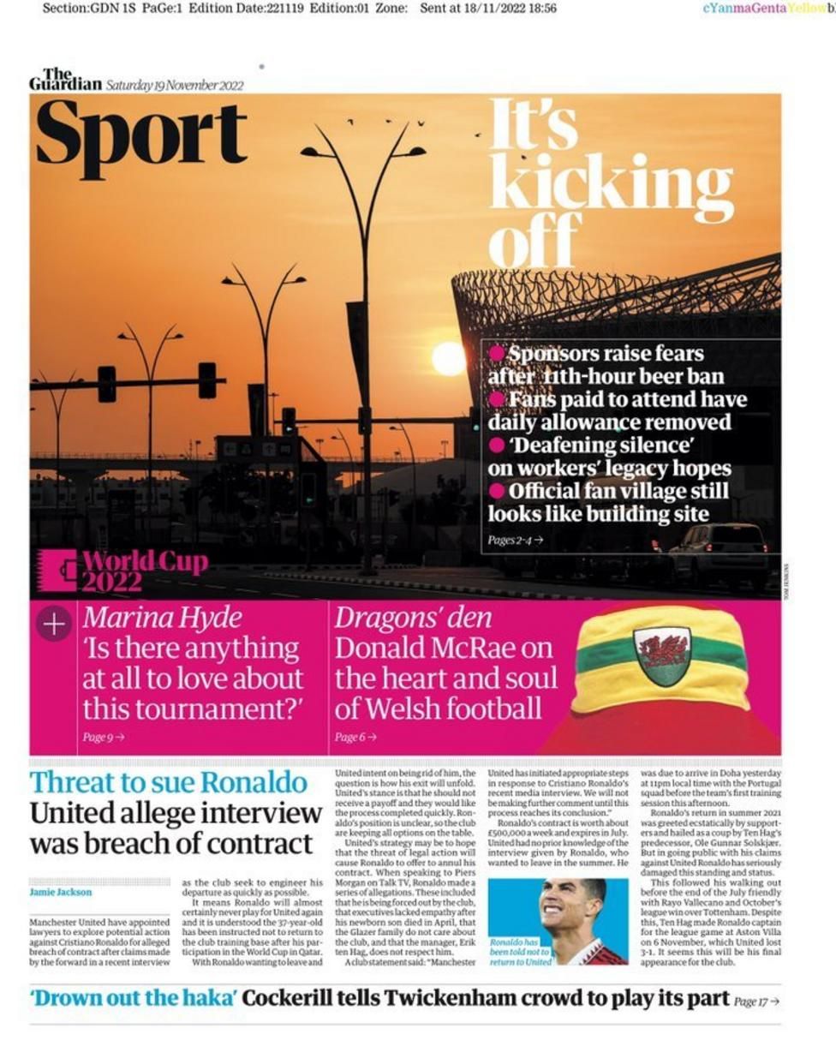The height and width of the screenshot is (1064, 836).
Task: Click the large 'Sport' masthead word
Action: point(141,135)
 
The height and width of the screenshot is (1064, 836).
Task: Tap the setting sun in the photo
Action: point(449,358)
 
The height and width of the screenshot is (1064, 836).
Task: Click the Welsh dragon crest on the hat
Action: point(661,655)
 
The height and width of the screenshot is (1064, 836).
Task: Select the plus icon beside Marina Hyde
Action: point(54,624)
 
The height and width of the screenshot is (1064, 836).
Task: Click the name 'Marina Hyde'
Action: point(163,618)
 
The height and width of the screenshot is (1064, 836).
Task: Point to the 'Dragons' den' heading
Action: point(413,618)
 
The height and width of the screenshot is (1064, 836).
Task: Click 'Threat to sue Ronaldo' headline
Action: point(169,782)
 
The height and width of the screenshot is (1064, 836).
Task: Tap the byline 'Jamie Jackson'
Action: point(61,892)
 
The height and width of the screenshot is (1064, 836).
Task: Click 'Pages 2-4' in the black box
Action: point(515,540)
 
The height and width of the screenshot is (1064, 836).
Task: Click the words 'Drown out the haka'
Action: point(134,998)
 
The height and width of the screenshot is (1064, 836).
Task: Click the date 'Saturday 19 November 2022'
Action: point(175,85)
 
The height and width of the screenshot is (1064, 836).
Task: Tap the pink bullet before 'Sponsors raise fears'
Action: point(497,353)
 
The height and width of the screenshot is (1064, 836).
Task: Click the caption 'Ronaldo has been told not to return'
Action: point(517,952)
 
